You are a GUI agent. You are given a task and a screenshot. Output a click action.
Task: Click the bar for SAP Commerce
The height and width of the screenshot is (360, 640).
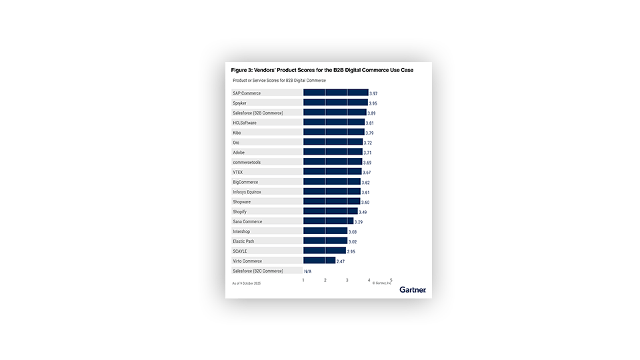335,93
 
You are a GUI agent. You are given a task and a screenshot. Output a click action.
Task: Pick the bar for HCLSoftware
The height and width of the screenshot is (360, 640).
334,123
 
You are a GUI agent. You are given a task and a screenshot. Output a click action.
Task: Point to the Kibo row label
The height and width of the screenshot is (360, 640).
237,133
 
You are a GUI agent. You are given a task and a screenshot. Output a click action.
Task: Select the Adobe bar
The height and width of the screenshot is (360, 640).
333,152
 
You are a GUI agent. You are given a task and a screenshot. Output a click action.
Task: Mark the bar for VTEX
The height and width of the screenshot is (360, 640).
332,172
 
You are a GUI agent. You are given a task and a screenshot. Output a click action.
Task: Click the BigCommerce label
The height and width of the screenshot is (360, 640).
245,182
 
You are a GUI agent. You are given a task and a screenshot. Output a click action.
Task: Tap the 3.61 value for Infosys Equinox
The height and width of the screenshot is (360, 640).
365,192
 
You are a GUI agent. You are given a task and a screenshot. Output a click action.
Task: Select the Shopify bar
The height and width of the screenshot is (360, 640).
330,211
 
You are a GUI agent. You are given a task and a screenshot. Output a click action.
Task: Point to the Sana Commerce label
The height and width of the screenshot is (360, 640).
247,221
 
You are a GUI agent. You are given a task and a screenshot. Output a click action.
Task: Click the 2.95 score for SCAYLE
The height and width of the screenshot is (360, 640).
351,251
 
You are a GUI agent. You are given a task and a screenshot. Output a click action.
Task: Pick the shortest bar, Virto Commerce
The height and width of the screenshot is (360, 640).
319,261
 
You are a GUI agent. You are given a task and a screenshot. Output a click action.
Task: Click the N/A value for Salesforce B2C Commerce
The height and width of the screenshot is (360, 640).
307,271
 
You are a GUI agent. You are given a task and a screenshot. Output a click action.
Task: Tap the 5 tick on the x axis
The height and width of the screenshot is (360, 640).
391,280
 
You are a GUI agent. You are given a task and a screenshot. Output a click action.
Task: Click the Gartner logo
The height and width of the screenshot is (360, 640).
413,289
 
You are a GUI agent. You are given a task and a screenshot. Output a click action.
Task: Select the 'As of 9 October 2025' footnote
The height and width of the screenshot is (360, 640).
246,283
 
